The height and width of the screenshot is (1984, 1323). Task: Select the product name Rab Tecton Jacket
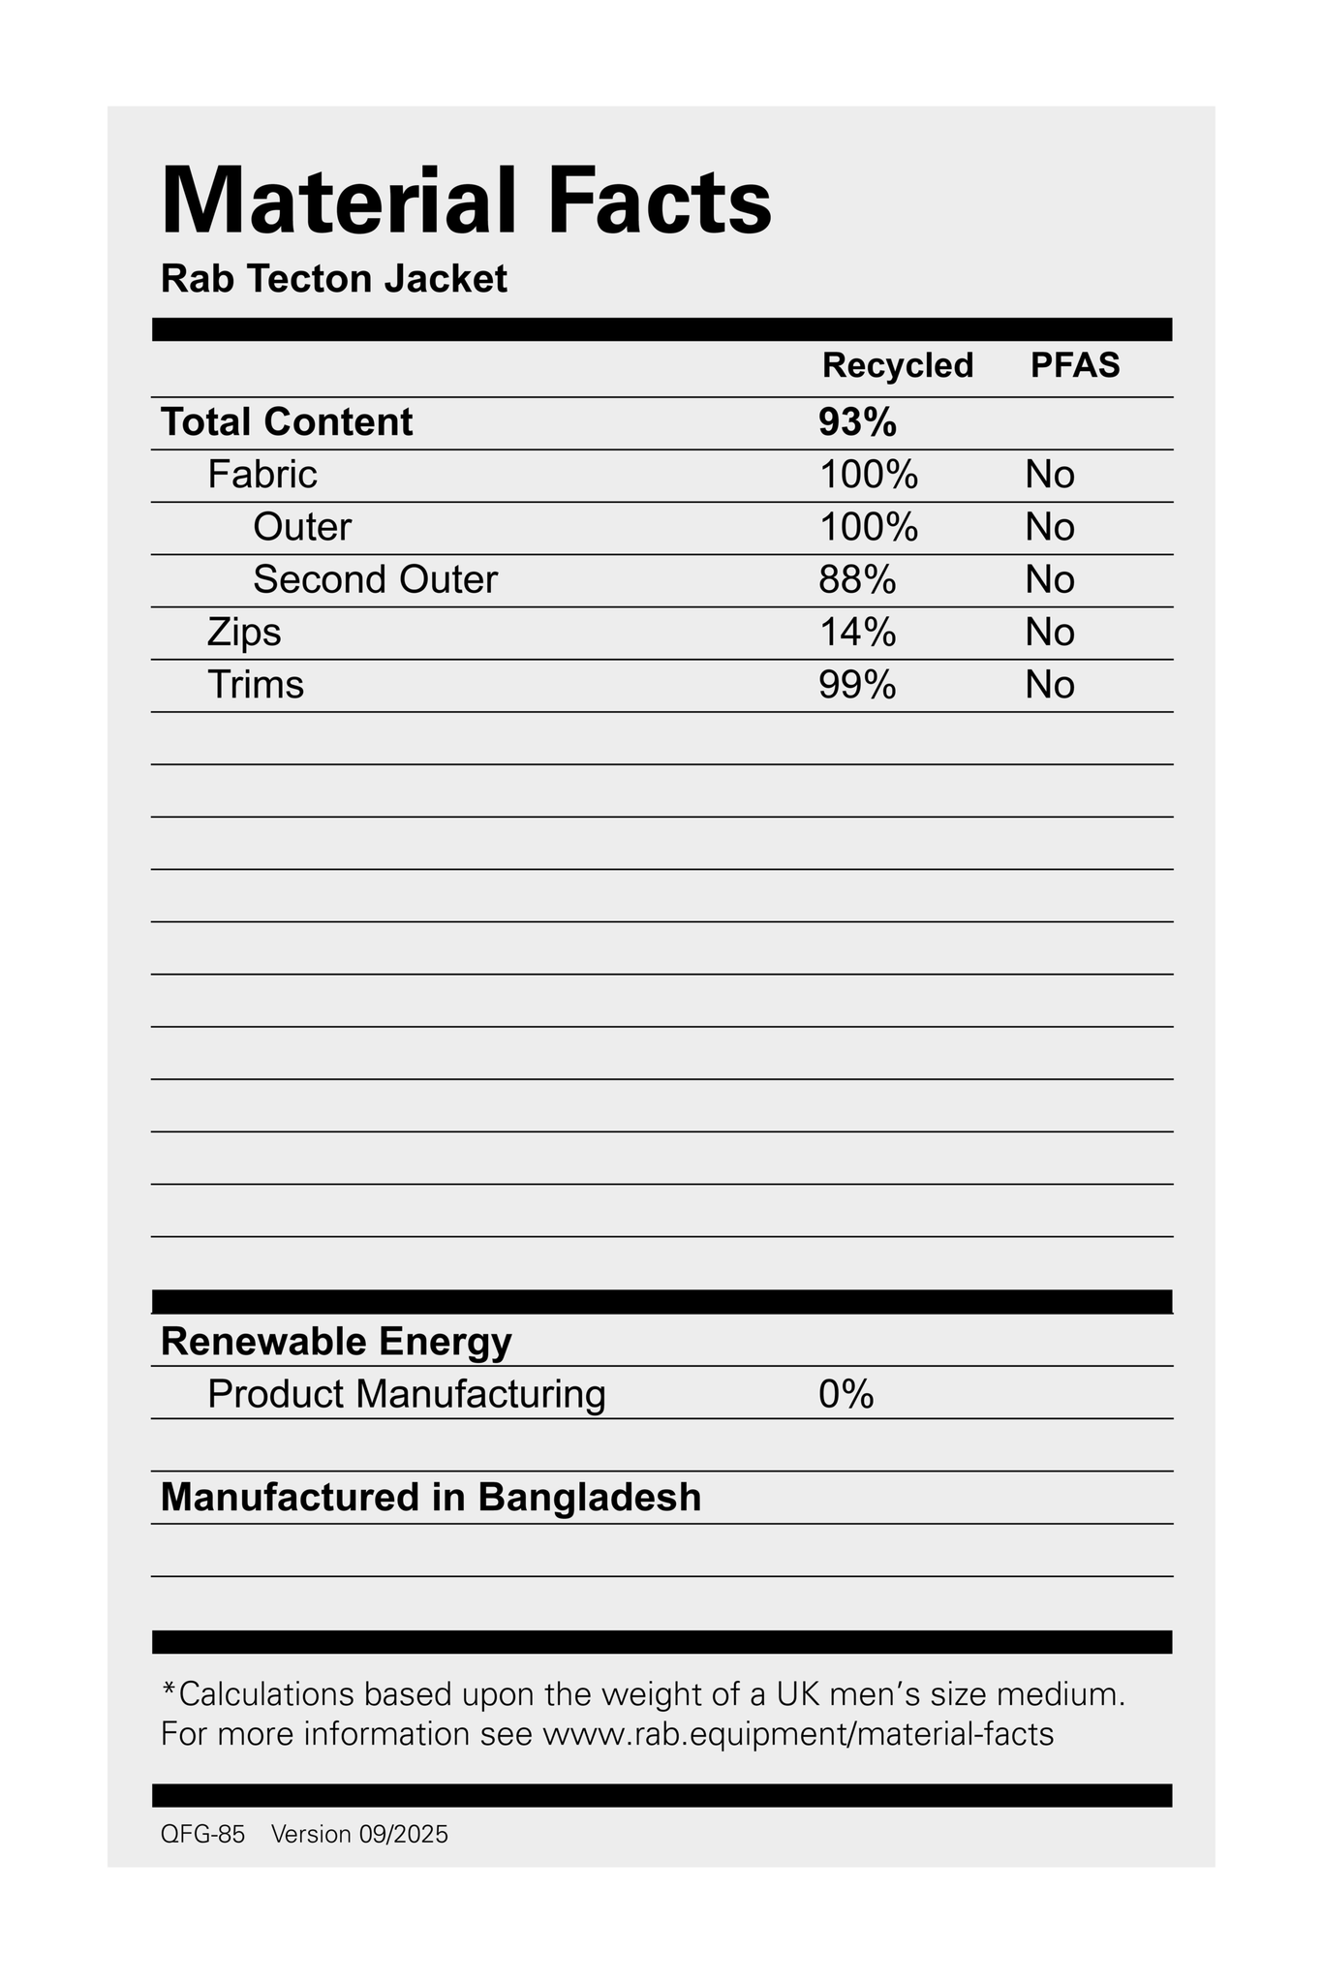pos(334,280)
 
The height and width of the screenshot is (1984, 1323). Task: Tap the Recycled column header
pos(897,365)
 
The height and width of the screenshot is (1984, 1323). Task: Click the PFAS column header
pos(1074,365)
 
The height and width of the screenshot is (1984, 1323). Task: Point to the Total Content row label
pos(287,422)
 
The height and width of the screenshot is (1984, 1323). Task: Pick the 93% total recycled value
pos(857,422)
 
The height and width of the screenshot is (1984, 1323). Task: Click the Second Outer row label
pos(375,579)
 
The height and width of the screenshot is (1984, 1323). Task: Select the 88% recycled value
pos(857,579)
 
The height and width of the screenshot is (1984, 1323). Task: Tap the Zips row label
pos(244,632)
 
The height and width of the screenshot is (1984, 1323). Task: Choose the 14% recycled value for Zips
pos(857,632)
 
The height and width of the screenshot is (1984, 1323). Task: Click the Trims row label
pos(256,685)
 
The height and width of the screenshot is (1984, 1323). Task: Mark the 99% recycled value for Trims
pos(857,685)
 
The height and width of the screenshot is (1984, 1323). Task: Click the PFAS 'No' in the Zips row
pos(1050,633)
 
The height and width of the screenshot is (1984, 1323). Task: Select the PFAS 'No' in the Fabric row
pos(1050,475)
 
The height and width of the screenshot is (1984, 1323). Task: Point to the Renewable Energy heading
pos(336,1342)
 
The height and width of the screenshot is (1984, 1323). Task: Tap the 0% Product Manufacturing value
pos(846,1395)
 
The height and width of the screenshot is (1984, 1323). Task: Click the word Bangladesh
pos(589,1498)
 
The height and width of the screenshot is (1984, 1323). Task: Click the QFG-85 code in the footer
pos(202,1835)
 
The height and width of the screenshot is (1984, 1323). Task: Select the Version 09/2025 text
pos(359,1835)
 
